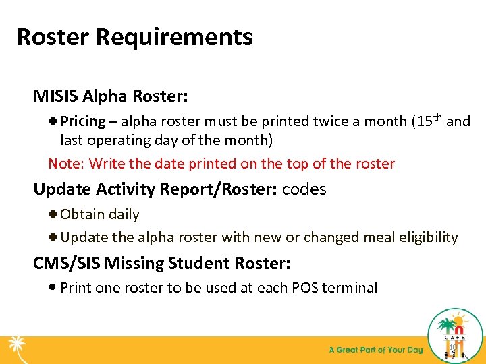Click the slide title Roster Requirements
pyautogui.click(x=134, y=36)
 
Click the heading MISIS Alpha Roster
pyautogui.click(x=111, y=96)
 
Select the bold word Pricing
pyautogui.click(x=82, y=122)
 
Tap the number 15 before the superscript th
pyautogui.click(x=424, y=122)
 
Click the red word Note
pyautogui.click(x=65, y=164)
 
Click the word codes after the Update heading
pyautogui.click(x=304, y=189)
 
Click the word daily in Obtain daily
pyautogui.click(x=124, y=214)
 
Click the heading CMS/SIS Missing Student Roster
pyautogui.click(x=161, y=263)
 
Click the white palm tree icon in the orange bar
pyautogui.click(x=17, y=350)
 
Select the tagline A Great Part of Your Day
pyautogui.click(x=375, y=350)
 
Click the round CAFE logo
pyautogui.click(x=456, y=335)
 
